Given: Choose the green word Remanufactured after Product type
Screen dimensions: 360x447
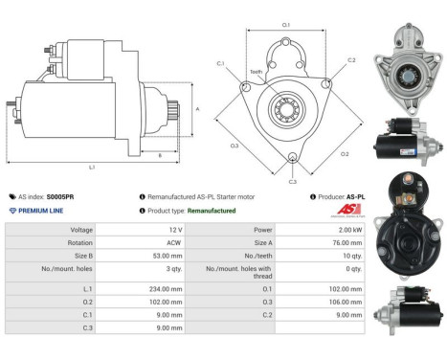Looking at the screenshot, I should pyautogui.click(x=212, y=210).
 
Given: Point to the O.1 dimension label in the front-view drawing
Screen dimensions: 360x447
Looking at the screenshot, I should pyautogui.click(x=286, y=25).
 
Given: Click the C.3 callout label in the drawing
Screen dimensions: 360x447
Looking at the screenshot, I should pyautogui.click(x=292, y=180).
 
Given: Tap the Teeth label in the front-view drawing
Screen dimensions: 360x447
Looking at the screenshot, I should pyautogui.click(x=256, y=72).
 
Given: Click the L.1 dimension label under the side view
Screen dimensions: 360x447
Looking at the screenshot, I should pyautogui.click(x=91, y=167).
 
